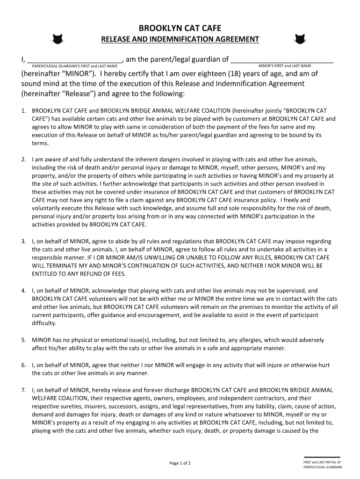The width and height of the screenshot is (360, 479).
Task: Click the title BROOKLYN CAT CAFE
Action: coord(180,29)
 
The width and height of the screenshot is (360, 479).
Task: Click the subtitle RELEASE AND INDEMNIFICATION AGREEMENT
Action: coord(180,39)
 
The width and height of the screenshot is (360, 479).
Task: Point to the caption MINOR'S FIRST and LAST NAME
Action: coord(285,66)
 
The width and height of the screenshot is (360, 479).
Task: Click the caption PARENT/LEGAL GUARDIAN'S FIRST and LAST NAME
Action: coord(74,66)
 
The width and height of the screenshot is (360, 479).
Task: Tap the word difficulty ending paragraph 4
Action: coord(44,323)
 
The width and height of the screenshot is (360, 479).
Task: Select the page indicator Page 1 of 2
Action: coord(180,463)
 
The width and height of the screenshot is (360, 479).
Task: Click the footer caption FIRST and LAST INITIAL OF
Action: coord(322,462)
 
